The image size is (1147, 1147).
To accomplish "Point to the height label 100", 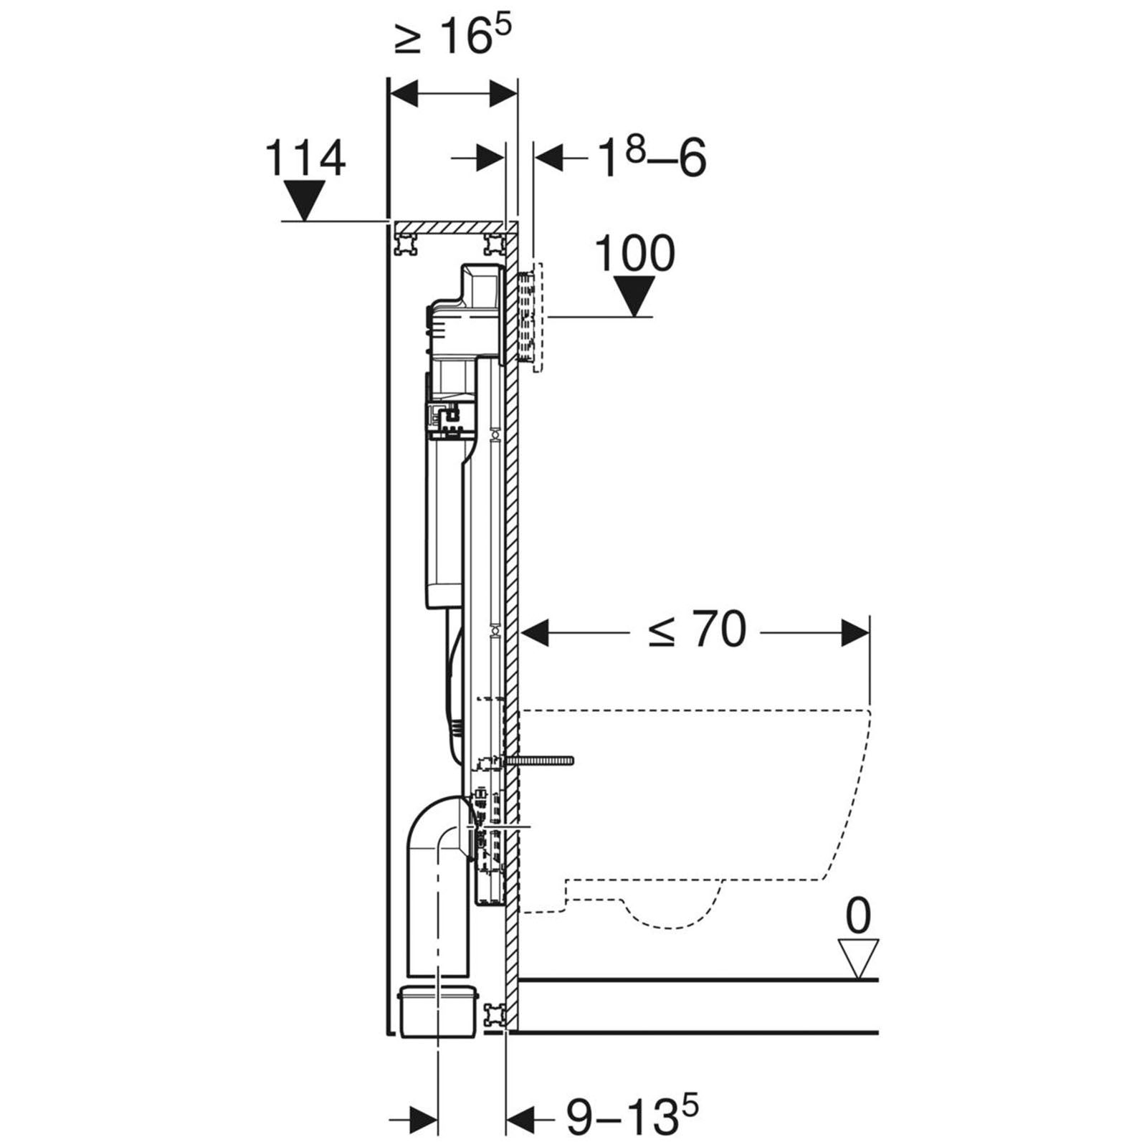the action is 635,252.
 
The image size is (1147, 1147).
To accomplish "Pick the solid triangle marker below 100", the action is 634,295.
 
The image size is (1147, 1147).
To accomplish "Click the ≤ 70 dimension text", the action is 697,630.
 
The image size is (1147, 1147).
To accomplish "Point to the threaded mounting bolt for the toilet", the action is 541,761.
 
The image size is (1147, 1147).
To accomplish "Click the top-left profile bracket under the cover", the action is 406,244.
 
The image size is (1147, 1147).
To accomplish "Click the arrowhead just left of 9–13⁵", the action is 521,1116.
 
